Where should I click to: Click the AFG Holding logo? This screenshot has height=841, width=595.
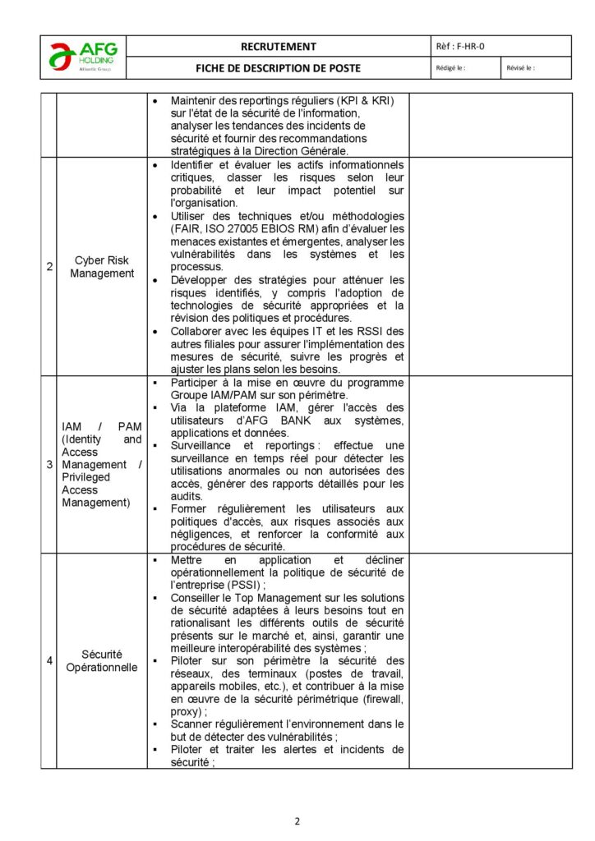(x=83, y=57)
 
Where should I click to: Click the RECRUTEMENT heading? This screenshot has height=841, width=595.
(x=278, y=47)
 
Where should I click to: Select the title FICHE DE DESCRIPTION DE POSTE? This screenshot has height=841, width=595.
(x=278, y=68)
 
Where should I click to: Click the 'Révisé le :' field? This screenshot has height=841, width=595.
(x=521, y=68)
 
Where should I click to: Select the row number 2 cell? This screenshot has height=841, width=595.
(x=49, y=266)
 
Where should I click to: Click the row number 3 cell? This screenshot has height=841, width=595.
(x=49, y=465)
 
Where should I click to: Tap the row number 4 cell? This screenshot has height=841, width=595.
(x=49, y=660)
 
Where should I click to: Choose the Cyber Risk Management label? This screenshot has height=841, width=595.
(x=102, y=266)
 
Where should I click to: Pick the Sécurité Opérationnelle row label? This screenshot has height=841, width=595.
(x=102, y=660)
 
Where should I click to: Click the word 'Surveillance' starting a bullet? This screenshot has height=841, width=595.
(x=201, y=445)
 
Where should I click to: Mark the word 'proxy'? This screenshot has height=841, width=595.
(x=186, y=711)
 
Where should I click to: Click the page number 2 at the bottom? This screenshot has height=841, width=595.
(x=297, y=820)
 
